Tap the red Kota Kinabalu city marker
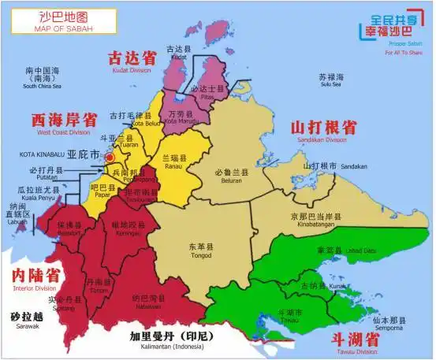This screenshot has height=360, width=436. (x=109, y=157)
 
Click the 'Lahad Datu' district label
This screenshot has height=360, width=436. (x=358, y=251)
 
